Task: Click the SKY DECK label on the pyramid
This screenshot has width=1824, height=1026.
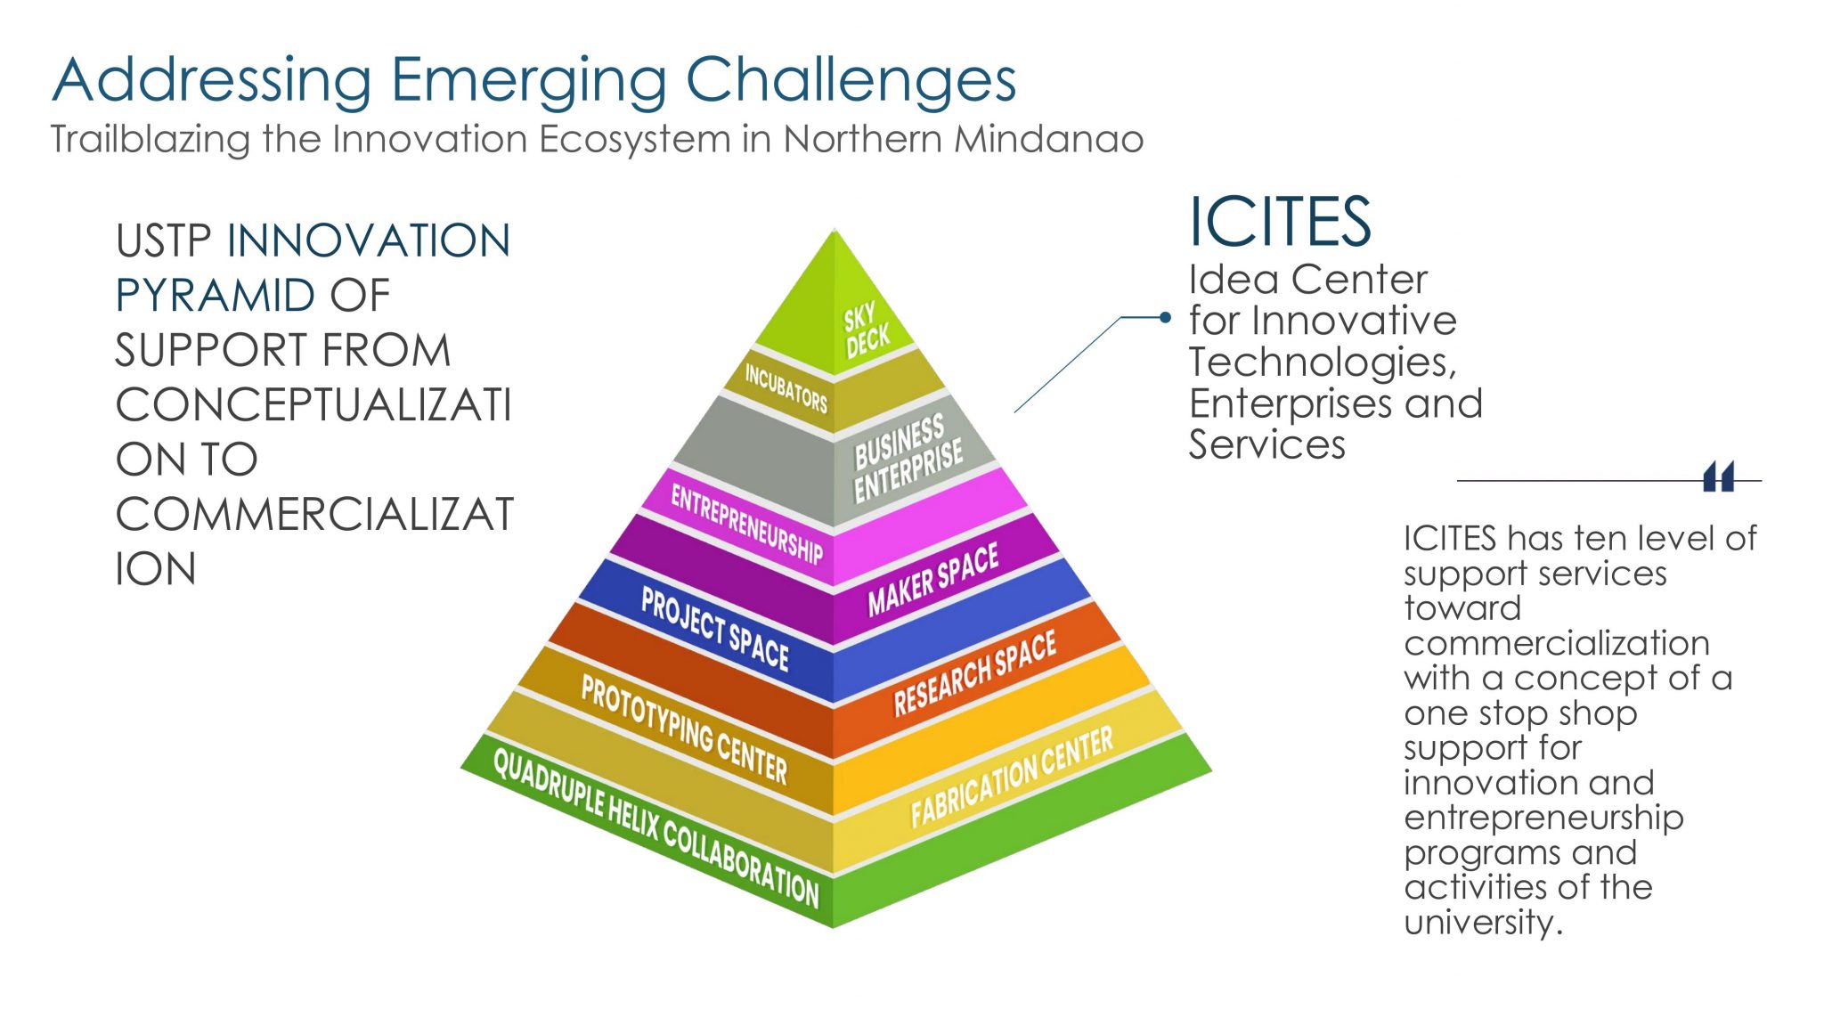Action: point(866,330)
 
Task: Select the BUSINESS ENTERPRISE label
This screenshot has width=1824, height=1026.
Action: point(907,458)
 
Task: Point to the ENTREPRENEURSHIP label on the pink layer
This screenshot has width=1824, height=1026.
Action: point(746,525)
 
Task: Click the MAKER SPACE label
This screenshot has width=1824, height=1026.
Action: point(932,579)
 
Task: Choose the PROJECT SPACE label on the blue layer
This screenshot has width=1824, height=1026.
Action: point(714,629)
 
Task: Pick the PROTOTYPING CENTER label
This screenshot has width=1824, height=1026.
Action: point(684,729)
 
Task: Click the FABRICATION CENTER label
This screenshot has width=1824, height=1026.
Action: point(1011,776)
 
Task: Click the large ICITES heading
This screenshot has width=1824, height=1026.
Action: point(1280,222)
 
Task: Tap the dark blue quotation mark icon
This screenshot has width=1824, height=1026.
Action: point(1718,477)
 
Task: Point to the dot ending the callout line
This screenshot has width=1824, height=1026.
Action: point(1165,317)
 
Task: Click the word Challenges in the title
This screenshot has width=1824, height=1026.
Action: point(851,80)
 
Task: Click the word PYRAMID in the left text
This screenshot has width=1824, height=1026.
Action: point(216,296)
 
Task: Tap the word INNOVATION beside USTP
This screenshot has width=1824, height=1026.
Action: point(369,241)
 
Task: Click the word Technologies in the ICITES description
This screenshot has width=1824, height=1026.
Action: point(1322,362)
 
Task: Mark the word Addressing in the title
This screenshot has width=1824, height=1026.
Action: point(212,80)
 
